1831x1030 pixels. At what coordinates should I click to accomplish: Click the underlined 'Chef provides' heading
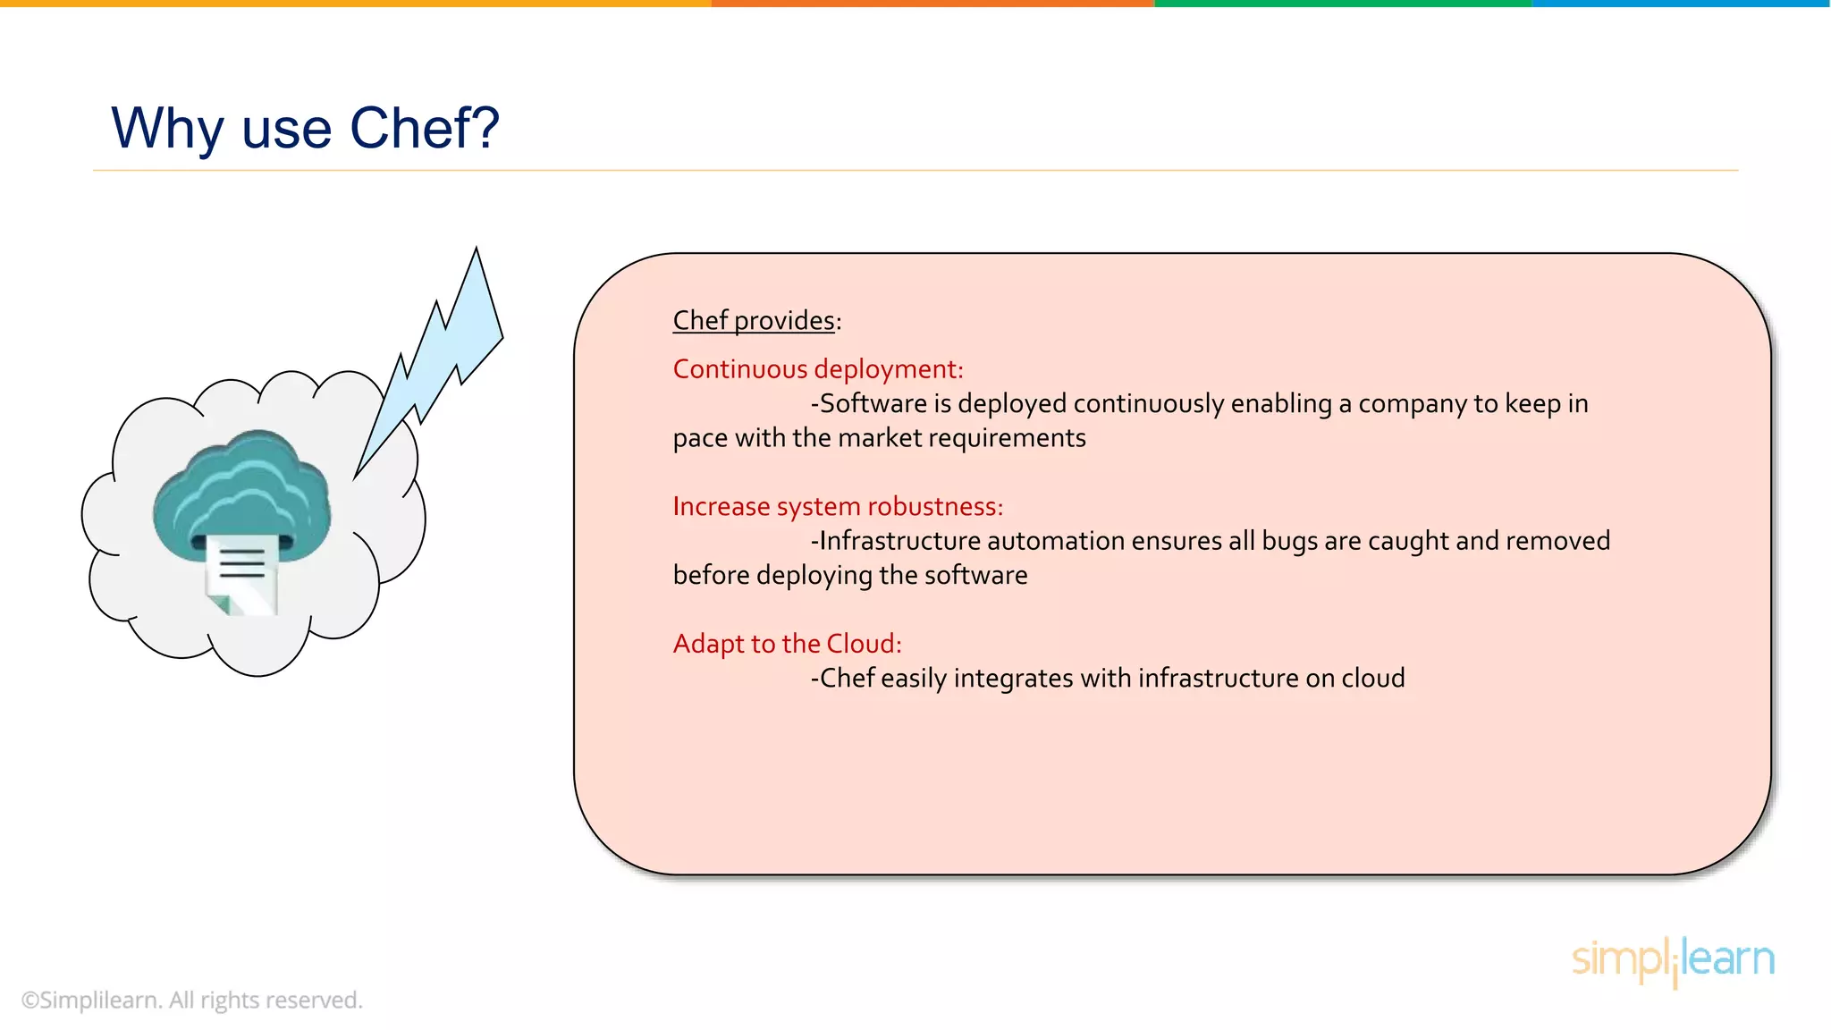(753, 320)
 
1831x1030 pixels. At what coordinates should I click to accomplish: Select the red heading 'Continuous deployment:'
(817, 369)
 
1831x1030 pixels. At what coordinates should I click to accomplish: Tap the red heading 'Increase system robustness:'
(837, 507)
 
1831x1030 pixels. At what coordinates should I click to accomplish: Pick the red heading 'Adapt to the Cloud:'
(787, 644)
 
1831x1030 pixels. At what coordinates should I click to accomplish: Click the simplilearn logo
(1672, 960)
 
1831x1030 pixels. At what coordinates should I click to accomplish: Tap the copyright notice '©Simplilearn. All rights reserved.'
(191, 1000)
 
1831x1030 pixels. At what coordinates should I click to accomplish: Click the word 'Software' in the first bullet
(873, 404)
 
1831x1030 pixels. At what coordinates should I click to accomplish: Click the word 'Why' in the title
(166, 128)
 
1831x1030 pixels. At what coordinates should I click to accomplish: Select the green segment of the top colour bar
(1341, 4)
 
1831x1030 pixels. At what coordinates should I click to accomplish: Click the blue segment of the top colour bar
(1681, 4)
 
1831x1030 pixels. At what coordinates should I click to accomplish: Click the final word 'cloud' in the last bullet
(1373, 679)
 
